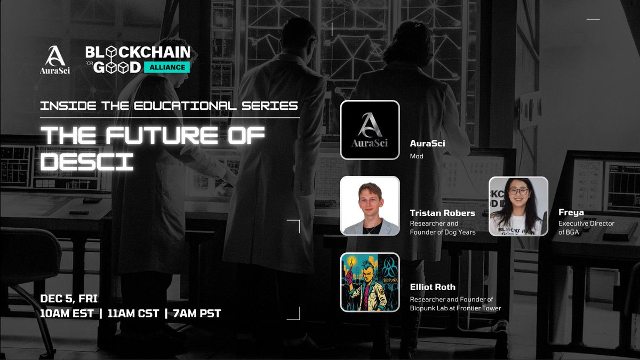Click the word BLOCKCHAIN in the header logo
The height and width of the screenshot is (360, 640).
point(138,52)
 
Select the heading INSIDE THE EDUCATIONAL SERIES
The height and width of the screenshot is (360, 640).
point(169,105)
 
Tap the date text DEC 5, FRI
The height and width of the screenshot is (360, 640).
point(69,298)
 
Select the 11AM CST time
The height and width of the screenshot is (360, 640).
point(133,313)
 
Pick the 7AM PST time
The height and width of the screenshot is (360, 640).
point(194,313)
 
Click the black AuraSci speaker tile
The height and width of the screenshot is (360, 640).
point(370,130)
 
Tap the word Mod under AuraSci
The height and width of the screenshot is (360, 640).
point(416,157)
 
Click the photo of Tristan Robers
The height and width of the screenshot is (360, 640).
point(370,206)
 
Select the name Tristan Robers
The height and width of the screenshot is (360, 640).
point(442,213)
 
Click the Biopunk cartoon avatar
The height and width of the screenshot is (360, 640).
point(370,282)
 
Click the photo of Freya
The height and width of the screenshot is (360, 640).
point(518,206)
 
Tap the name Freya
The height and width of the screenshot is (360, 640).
point(572,212)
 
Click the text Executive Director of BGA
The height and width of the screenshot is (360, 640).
point(586,228)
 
